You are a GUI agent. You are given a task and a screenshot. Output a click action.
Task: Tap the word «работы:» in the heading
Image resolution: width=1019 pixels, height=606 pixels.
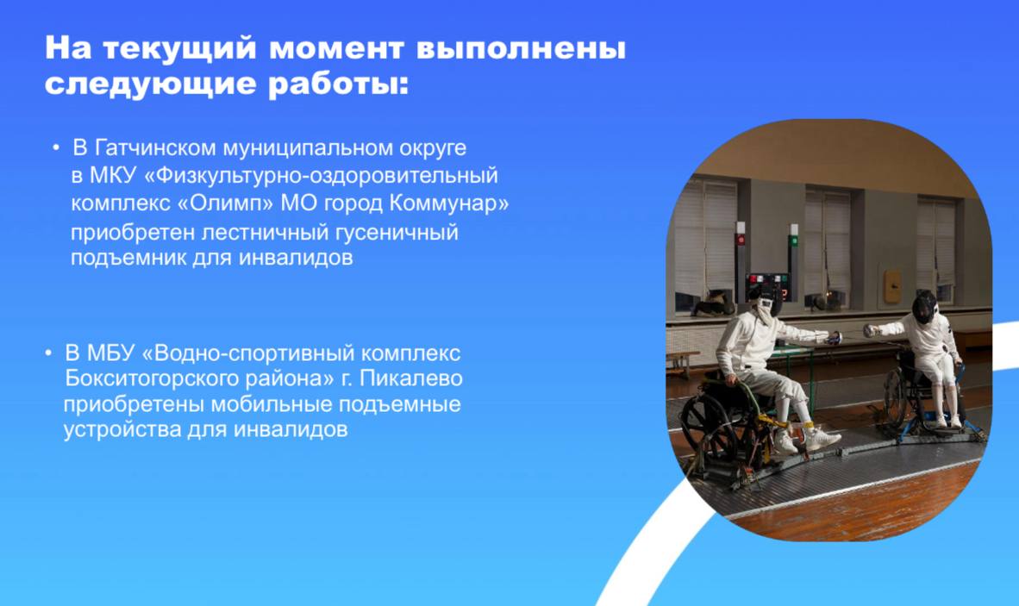(339, 85)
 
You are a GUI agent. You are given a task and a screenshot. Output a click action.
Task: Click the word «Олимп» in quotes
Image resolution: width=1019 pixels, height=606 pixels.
(226, 203)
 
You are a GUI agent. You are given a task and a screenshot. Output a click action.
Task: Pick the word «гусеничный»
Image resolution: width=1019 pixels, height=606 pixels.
(397, 232)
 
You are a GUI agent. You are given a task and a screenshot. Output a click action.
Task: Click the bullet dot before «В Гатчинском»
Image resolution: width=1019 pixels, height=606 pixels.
(57, 149)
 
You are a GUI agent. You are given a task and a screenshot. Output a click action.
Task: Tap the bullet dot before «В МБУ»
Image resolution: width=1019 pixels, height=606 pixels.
(49, 353)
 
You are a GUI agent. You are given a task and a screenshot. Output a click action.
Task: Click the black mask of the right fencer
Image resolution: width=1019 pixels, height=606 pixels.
(924, 306)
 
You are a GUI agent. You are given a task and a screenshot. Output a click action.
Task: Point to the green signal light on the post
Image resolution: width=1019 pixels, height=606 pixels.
(793, 241)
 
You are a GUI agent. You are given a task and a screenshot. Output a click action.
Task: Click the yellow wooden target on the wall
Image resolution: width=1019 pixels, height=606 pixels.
(893, 287)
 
